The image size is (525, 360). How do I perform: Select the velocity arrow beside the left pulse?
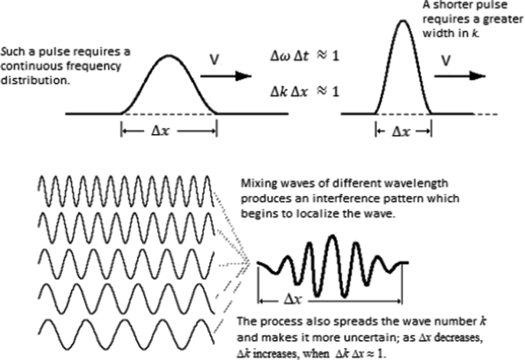coord(226,75)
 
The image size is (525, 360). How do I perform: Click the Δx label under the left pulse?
coord(169,131)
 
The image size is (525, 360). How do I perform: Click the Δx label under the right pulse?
coord(403,131)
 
